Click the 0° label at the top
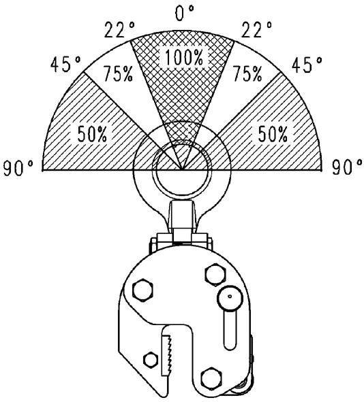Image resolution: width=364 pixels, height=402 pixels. pyautogui.click(x=185, y=13)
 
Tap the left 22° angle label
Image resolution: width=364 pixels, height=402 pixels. pyautogui.click(x=119, y=30)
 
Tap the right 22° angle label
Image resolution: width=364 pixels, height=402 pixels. pyautogui.click(x=256, y=30)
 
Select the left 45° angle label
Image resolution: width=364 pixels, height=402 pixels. pyautogui.click(x=65, y=64)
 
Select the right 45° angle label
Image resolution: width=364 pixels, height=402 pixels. pyautogui.click(x=307, y=64)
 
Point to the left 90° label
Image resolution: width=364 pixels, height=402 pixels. pyautogui.click(x=18, y=168)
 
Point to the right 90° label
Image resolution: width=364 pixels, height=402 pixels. pyautogui.click(x=348, y=167)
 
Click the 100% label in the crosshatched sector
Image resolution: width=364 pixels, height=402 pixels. pyautogui.click(x=184, y=57)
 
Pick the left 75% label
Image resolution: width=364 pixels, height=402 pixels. pyautogui.click(x=118, y=74)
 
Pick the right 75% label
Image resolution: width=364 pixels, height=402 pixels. pyautogui.click(x=247, y=74)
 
